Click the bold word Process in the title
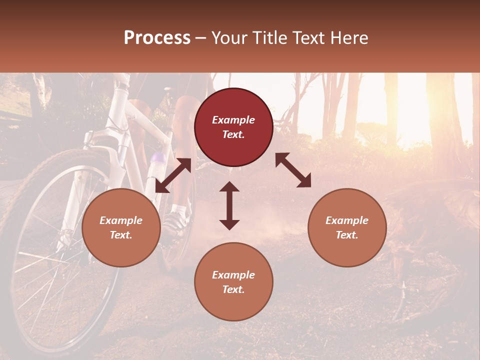[x=157, y=38]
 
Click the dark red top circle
[x=233, y=127]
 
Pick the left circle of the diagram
[x=121, y=227]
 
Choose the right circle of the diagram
[x=347, y=227]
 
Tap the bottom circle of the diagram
[x=233, y=282]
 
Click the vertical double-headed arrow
[x=229, y=205]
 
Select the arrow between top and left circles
[x=173, y=175]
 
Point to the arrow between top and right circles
[x=293, y=170]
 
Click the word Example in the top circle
[x=233, y=120]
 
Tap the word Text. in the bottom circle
[x=233, y=289]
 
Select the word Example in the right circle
[x=347, y=220]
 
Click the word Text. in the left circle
[x=121, y=235]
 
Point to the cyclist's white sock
[x=178, y=208]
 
